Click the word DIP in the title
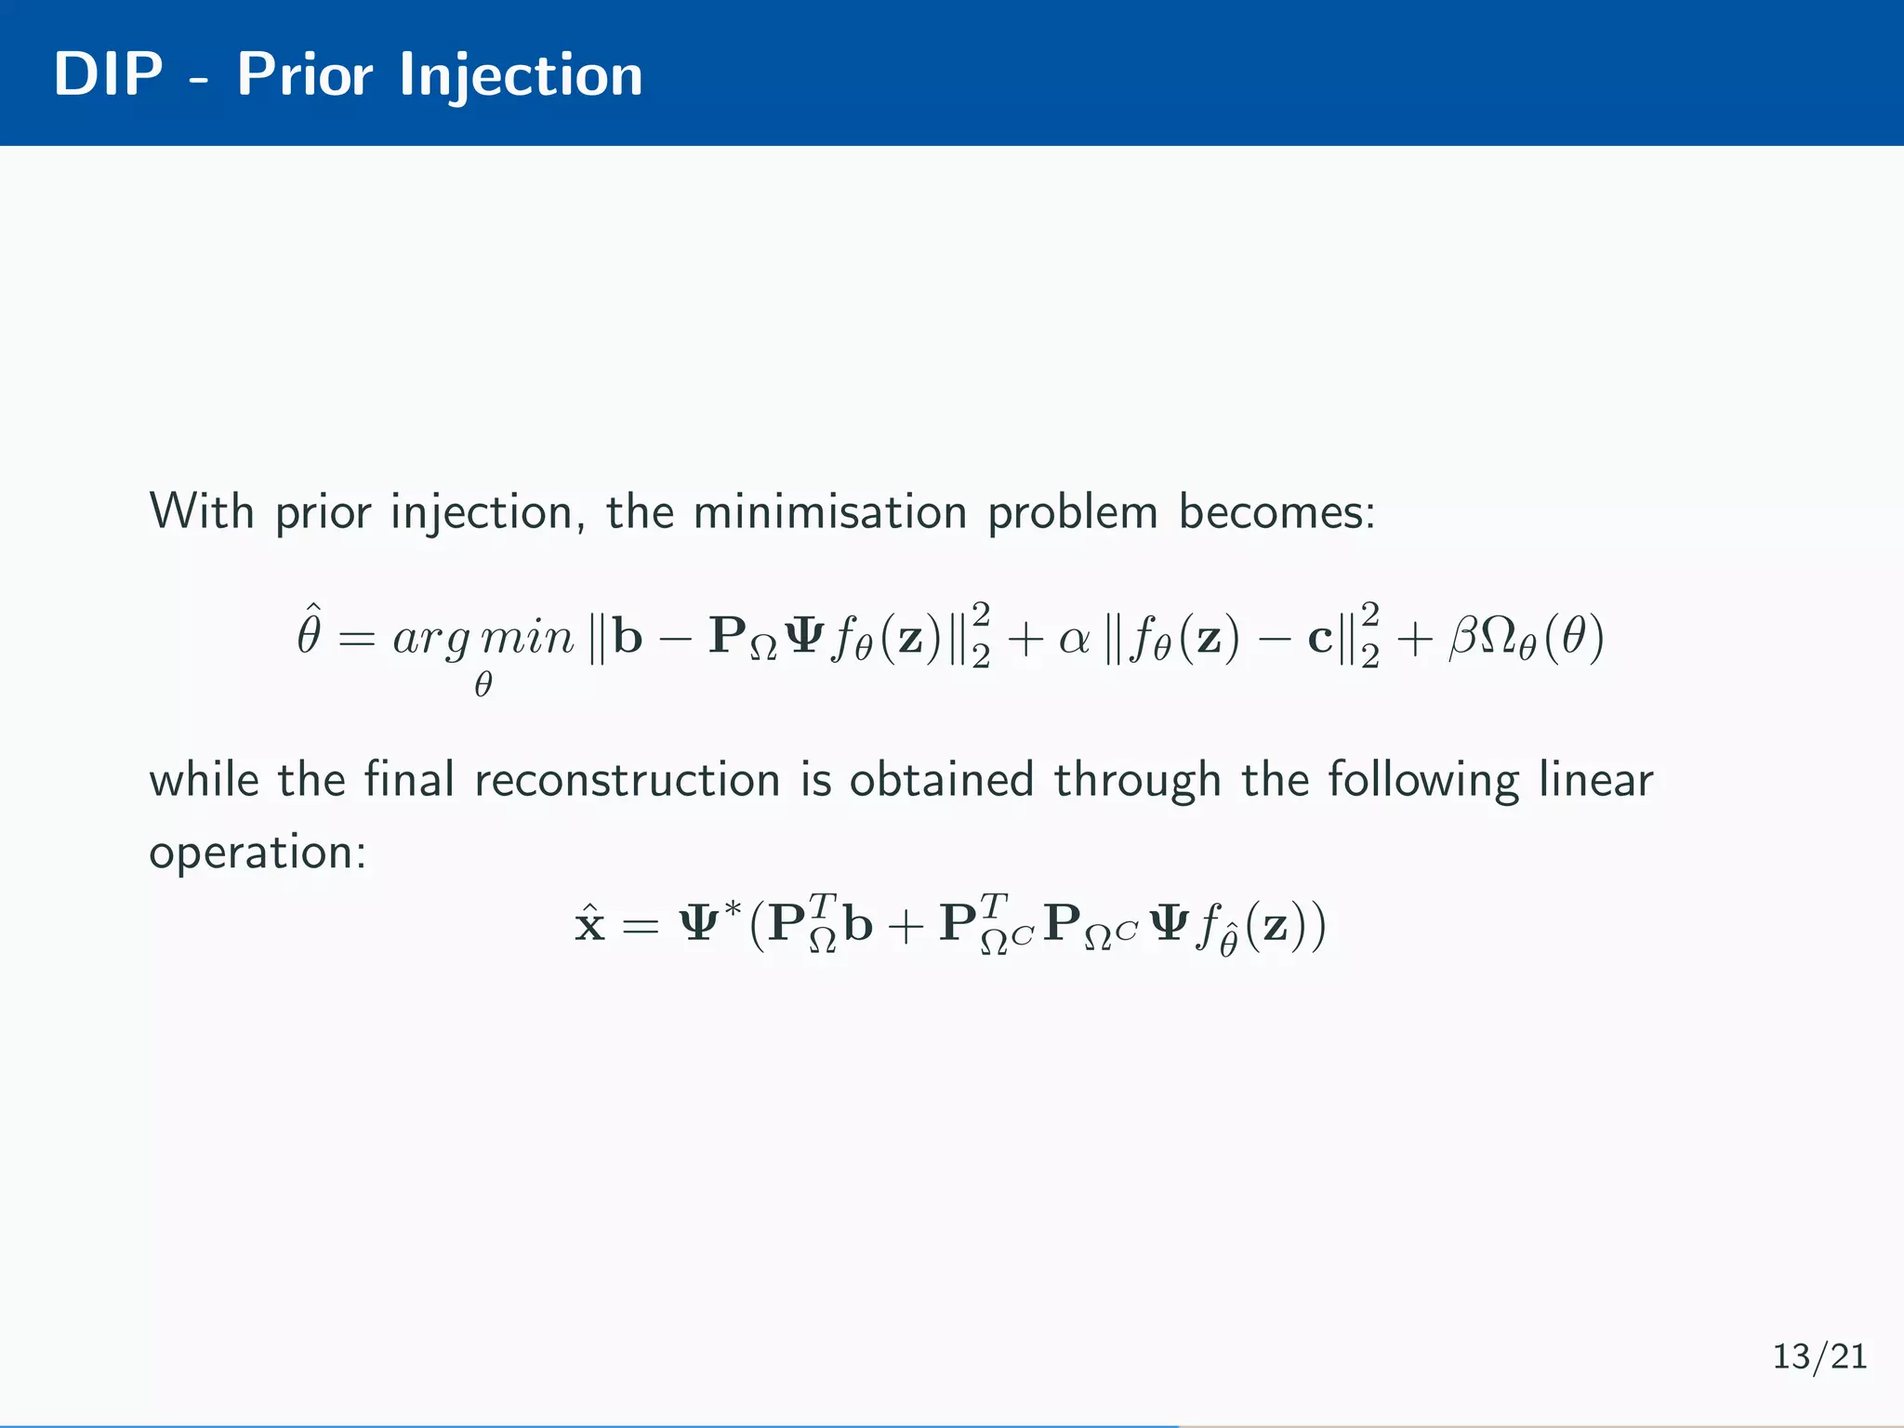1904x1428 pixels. tap(108, 73)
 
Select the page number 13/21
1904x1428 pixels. tap(1819, 1356)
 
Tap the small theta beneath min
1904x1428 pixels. tap(483, 685)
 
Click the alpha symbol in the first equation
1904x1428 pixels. tap(1075, 639)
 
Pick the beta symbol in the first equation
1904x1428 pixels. tap(1462, 639)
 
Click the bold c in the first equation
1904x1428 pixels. tap(1320, 639)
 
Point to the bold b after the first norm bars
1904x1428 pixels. tap(628, 637)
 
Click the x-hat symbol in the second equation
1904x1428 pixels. tap(590, 923)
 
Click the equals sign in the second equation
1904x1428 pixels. tap(641, 925)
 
